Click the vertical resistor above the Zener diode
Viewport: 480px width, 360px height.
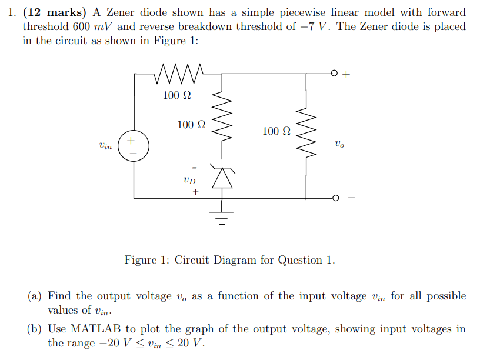click(222, 122)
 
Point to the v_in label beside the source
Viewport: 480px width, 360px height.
click(106, 145)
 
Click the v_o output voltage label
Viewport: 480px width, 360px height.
click(339, 143)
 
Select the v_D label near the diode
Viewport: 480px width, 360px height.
click(189, 179)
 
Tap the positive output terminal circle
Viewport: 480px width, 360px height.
click(335, 74)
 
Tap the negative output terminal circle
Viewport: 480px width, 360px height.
click(335, 198)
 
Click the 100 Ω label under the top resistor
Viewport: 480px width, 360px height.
click(177, 95)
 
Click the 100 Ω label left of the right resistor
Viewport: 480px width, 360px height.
click(276, 131)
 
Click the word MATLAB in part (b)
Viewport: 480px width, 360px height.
click(94, 329)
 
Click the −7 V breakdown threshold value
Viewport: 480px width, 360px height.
click(312, 26)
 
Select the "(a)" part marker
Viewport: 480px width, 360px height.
click(34, 296)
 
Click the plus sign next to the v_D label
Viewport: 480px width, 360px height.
click(195, 192)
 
